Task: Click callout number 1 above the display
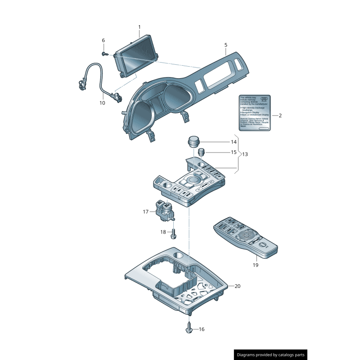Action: click(139, 27)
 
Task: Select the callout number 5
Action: click(226, 45)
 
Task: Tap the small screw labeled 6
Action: click(104, 54)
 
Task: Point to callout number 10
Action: click(102, 103)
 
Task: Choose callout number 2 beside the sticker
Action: click(280, 116)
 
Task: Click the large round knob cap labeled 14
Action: click(193, 141)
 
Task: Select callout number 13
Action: click(245, 154)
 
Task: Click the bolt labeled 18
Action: click(174, 233)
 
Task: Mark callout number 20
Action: click(238, 286)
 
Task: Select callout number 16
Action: click(201, 329)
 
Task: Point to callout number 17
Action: click(145, 211)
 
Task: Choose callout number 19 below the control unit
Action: click(255, 265)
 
